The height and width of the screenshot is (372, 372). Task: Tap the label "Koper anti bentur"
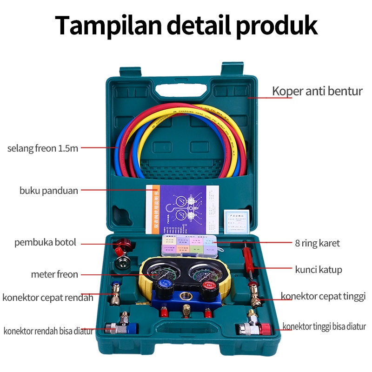[x=317, y=91]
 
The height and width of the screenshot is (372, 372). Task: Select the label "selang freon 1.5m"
[x=43, y=148]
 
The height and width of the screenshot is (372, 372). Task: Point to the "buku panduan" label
[x=49, y=190]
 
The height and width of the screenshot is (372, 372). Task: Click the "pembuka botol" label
[x=45, y=242]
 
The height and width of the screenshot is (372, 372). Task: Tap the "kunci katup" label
[x=319, y=269]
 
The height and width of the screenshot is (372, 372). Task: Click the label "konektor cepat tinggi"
[x=323, y=296]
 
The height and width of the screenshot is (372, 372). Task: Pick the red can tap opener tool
[x=124, y=245]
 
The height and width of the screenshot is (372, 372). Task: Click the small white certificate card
[x=238, y=219]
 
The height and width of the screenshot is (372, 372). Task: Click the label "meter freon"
[x=54, y=274]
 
